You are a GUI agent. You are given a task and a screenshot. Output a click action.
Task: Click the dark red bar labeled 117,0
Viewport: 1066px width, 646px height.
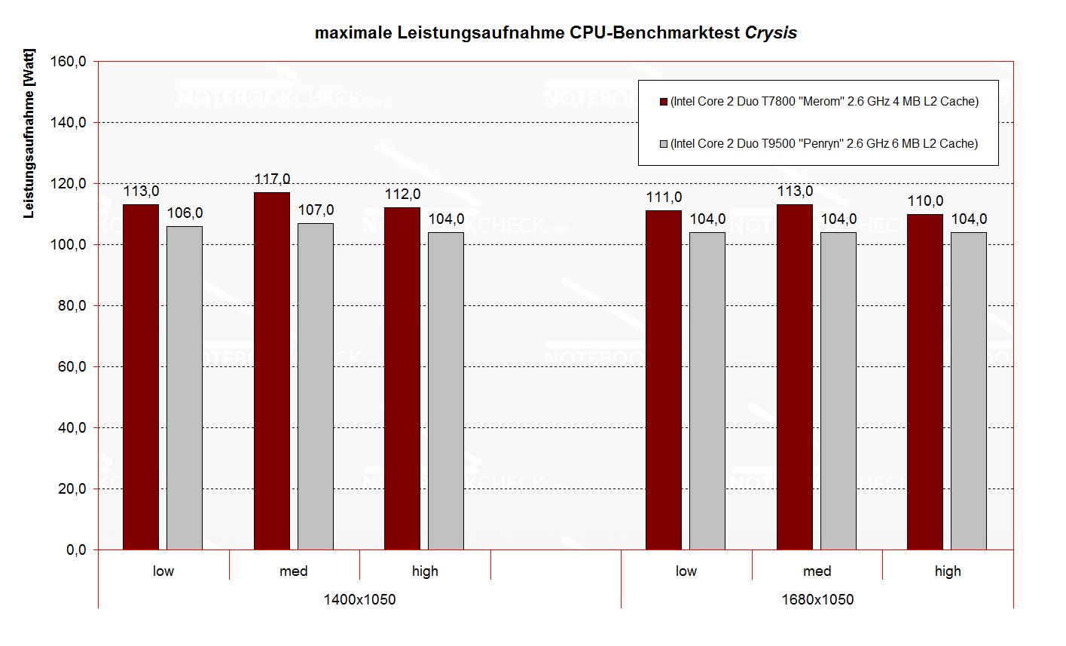pos(272,371)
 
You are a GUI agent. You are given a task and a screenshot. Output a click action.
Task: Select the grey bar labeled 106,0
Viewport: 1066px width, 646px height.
pos(185,387)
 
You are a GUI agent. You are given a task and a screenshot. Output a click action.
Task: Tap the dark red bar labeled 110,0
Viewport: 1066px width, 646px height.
pos(925,381)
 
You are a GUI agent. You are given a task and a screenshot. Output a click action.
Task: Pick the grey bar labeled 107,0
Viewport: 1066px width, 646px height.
pos(316,386)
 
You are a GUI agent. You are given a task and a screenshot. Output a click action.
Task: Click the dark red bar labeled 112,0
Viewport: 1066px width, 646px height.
pos(402,378)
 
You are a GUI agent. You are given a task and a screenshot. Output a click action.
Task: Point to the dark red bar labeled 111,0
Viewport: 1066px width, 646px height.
pos(664,380)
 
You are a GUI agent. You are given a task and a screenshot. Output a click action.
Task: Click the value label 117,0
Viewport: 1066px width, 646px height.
pos(272,179)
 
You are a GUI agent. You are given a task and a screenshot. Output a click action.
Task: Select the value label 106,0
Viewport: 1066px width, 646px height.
pos(185,213)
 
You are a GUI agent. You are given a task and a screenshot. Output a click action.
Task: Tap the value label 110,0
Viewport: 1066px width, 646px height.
pos(925,201)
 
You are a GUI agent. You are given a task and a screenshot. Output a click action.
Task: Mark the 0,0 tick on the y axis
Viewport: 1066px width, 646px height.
pos(75,550)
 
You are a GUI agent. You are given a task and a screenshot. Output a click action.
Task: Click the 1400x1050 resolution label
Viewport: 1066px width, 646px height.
pos(359,600)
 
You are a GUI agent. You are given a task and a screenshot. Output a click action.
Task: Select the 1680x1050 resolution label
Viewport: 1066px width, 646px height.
pos(817,600)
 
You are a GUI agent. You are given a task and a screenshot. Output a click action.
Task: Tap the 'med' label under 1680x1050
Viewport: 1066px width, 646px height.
pos(817,571)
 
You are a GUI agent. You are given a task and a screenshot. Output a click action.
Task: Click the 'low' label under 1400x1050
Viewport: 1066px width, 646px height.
pos(163,571)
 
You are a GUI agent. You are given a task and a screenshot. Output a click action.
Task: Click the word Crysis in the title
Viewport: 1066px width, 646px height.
pos(771,33)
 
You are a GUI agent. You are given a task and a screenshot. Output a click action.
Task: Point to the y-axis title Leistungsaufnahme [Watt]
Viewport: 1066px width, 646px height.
pos(29,133)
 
